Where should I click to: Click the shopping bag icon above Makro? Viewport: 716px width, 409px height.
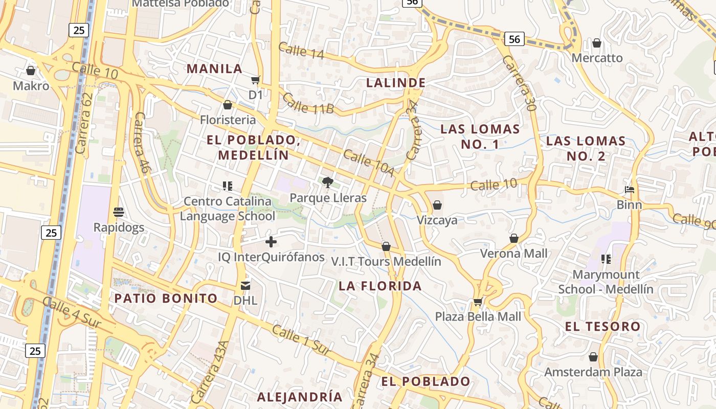(31, 71)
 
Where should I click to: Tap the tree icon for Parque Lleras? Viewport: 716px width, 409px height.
(328, 183)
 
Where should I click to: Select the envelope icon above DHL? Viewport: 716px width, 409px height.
(245, 285)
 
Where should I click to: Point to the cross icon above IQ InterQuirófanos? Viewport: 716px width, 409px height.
(271, 242)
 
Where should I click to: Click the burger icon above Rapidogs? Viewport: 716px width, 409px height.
(119, 212)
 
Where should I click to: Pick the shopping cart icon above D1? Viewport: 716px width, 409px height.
(255, 80)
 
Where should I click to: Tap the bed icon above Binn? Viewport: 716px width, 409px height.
(630, 190)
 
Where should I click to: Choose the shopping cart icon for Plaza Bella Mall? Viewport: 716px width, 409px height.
(478, 302)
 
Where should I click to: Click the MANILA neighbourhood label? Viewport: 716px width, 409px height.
(214, 69)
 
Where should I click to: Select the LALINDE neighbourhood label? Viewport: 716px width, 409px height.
(396, 83)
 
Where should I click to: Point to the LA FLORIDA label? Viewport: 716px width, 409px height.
(380, 286)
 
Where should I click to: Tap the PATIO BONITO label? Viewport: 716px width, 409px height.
(166, 299)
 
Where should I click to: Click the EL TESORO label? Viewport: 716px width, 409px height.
(602, 327)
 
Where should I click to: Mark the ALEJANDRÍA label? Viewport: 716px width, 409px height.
(300, 397)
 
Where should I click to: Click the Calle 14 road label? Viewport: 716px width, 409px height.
(301, 51)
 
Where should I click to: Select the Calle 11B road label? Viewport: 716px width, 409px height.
(308, 104)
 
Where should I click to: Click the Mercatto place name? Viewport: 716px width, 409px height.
(597, 58)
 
